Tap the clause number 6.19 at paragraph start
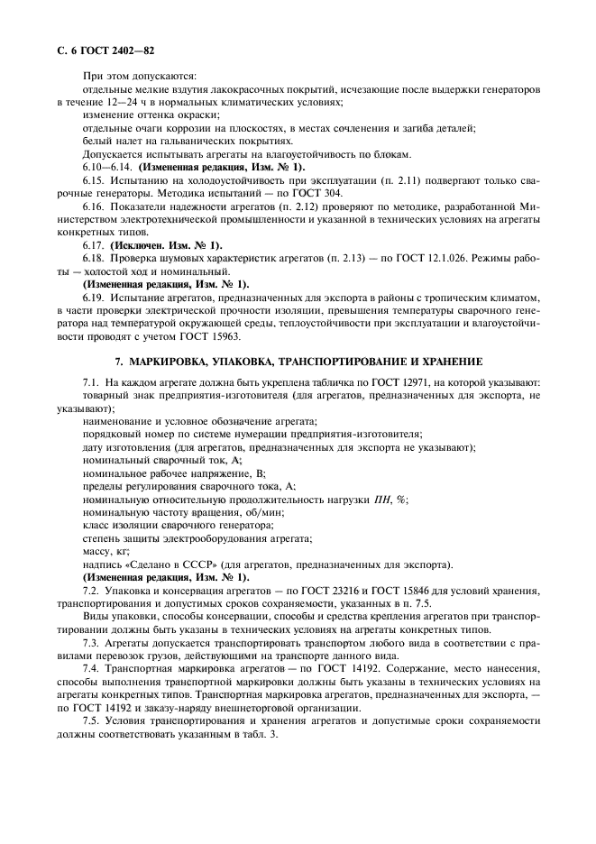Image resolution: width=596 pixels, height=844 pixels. click(x=94, y=297)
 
